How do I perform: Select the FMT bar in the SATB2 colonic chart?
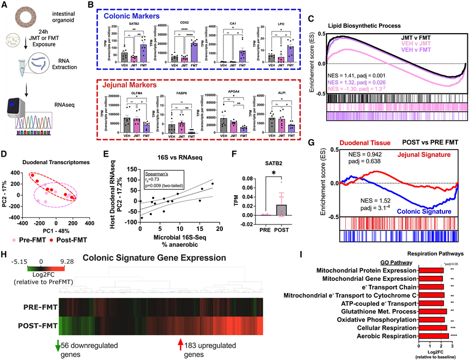143,53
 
